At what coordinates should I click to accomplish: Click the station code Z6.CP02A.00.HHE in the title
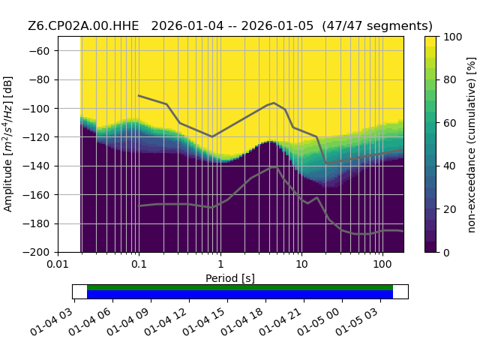pos(83,26)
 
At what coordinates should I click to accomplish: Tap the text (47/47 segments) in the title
pos(377,26)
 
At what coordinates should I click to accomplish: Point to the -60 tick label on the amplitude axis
pos(39,51)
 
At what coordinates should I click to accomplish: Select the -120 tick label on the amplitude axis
pos(36,137)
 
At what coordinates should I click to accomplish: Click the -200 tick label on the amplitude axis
pos(36,253)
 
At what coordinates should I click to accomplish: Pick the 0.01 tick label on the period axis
pos(58,264)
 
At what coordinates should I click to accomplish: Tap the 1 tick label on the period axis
pos(220,264)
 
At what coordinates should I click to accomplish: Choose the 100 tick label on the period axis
pos(382,264)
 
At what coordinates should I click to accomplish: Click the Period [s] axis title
pos(230,278)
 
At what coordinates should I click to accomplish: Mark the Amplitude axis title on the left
pos(8,144)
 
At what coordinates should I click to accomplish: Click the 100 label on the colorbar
pos(453,37)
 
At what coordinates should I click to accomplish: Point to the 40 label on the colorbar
pos(450,166)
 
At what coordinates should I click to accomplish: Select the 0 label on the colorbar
pos(447,253)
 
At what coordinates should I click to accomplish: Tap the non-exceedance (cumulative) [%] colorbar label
pos(472,145)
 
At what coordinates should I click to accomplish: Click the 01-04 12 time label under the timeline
pos(166,322)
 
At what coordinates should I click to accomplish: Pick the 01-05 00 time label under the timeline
pos(319,322)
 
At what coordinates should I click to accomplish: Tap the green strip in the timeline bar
pos(240,287)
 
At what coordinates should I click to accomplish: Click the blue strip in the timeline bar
pos(240,294)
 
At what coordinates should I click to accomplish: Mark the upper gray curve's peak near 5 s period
pos(274,103)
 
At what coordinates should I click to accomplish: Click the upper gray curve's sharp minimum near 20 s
pos(325,163)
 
